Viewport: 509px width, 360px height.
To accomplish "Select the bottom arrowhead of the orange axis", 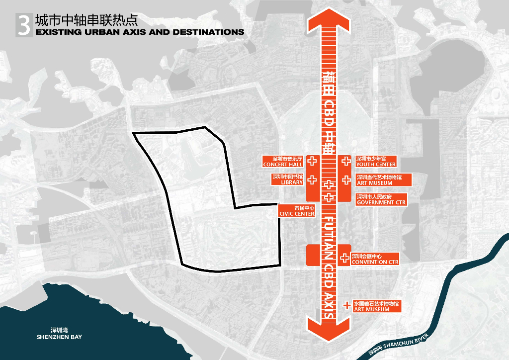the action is click(x=329, y=328).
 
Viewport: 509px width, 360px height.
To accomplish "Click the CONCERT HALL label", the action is click(x=283, y=164).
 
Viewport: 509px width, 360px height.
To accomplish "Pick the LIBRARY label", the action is click(x=292, y=182).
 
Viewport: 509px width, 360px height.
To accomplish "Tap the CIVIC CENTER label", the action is click(x=297, y=214).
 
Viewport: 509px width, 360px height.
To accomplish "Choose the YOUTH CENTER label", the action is click(x=376, y=164).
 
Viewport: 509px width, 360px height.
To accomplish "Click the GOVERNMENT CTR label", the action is click(x=381, y=202).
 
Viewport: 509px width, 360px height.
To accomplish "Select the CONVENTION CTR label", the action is click(x=375, y=262).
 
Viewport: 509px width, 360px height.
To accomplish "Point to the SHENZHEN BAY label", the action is click(x=59, y=337).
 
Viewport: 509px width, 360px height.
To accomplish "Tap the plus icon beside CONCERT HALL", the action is click(x=312, y=161).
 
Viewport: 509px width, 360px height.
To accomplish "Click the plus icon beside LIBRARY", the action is click(x=312, y=180).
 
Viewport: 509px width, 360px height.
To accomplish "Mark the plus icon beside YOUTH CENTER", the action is click(x=345, y=161).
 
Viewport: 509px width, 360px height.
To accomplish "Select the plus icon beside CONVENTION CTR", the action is click(x=345, y=259).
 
